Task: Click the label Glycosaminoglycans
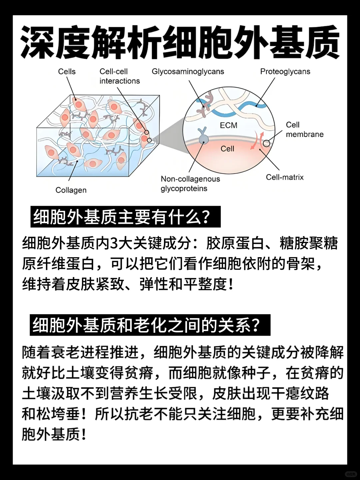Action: (x=188, y=72)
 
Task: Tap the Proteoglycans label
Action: (x=285, y=72)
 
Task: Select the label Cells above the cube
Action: (x=67, y=72)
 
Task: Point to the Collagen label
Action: (x=71, y=190)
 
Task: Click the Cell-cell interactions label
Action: (x=119, y=76)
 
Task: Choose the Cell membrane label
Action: (x=304, y=130)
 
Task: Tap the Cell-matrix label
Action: (x=285, y=177)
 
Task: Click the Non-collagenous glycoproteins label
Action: (x=190, y=184)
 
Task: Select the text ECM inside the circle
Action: (x=229, y=125)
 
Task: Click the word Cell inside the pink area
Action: (x=227, y=149)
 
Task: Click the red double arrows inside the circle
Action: (x=258, y=140)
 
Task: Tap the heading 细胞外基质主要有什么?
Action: (x=122, y=217)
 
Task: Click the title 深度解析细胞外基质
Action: (x=180, y=43)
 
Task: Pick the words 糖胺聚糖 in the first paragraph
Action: (x=309, y=243)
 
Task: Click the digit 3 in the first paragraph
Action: (x=114, y=243)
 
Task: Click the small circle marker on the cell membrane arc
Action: (x=267, y=143)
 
